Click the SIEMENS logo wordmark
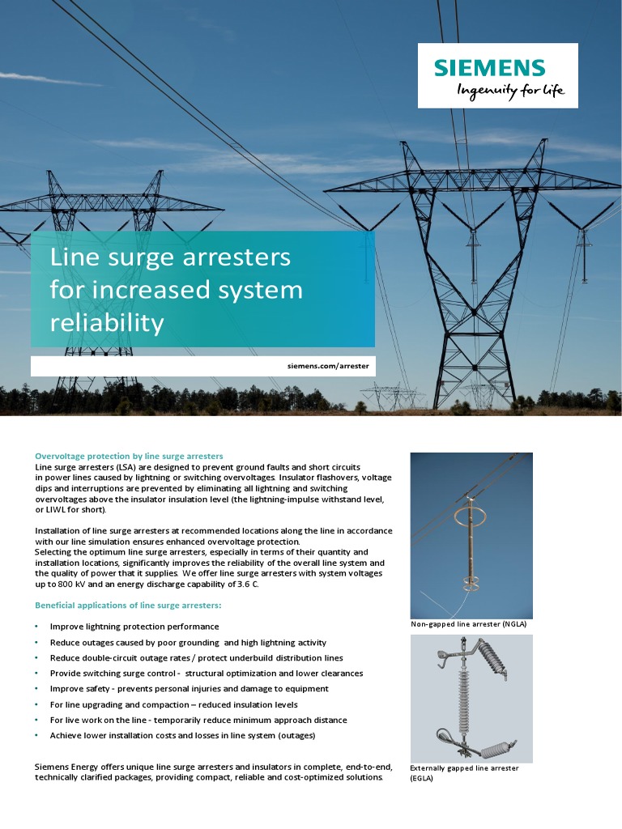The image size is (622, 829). [490, 68]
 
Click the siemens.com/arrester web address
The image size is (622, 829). [328, 366]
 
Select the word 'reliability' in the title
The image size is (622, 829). [107, 323]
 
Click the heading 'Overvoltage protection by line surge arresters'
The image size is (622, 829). [129, 456]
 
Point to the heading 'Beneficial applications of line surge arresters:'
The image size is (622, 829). [128, 605]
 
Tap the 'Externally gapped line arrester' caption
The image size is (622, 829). [464, 767]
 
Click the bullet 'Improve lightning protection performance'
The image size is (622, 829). [134, 627]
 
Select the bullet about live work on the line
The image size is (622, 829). [198, 720]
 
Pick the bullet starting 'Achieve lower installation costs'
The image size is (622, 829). [182, 735]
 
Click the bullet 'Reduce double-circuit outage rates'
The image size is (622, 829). [196, 657]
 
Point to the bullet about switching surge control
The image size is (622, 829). [207, 673]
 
